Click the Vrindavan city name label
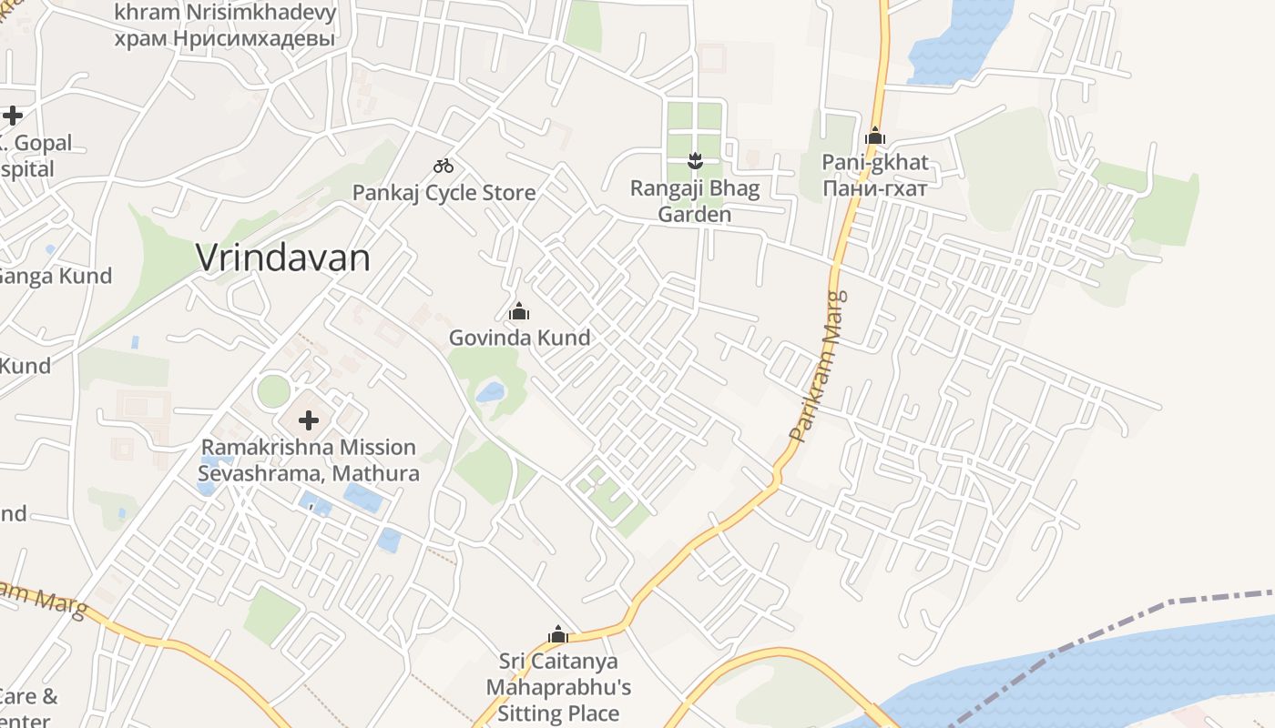(x=283, y=258)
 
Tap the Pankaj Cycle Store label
(x=444, y=193)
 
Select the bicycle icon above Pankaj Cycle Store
(x=444, y=166)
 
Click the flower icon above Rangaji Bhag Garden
(x=695, y=161)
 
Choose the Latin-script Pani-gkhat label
(x=875, y=163)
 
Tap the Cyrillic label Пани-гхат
(x=875, y=188)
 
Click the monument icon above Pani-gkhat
(x=875, y=136)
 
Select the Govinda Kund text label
(x=519, y=338)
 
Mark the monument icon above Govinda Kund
(x=519, y=312)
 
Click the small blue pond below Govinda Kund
(x=490, y=392)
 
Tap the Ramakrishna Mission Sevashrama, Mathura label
(x=309, y=460)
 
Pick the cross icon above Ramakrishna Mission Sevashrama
(x=309, y=420)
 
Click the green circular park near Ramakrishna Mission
(x=273, y=391)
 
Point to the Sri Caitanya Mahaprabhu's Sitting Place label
(x=558, y=687)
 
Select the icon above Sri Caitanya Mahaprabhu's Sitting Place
(x=558, y=634)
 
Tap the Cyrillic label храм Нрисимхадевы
(x=225, y=38)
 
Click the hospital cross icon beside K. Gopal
(x=12, y=116)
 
